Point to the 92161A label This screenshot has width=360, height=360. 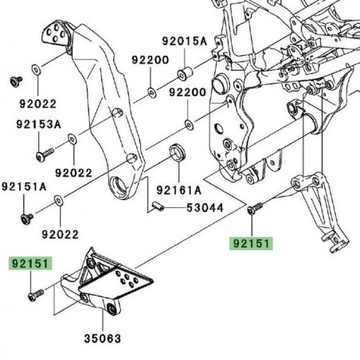pyautogui.click(x=178, y=190)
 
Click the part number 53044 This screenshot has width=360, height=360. pyautogui.click(x=205, y=208)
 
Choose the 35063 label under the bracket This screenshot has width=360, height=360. pyautogui.click(x=104, y=338)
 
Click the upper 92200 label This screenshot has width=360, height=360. pyautogui.click(x=150, y=60)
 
